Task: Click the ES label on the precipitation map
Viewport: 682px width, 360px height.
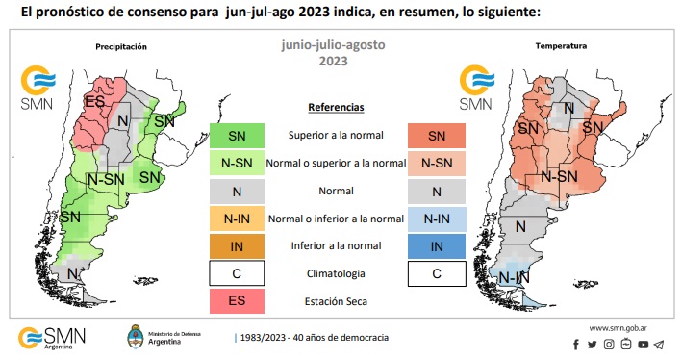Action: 94,101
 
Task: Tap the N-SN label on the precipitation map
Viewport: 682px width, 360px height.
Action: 105,179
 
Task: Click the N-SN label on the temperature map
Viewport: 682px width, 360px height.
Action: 559,176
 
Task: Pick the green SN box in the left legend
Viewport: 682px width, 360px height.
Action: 237,136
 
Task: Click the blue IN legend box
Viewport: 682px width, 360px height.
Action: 437,246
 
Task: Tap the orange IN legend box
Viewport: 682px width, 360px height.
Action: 237,246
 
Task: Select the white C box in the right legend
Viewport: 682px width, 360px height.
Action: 437,274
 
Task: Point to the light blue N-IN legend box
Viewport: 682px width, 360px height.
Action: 437,219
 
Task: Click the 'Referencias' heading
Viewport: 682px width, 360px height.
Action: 336,107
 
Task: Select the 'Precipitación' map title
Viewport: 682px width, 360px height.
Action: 121,46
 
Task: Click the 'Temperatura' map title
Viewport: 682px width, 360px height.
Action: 561,46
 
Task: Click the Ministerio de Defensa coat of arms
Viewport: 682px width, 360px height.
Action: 137,338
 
